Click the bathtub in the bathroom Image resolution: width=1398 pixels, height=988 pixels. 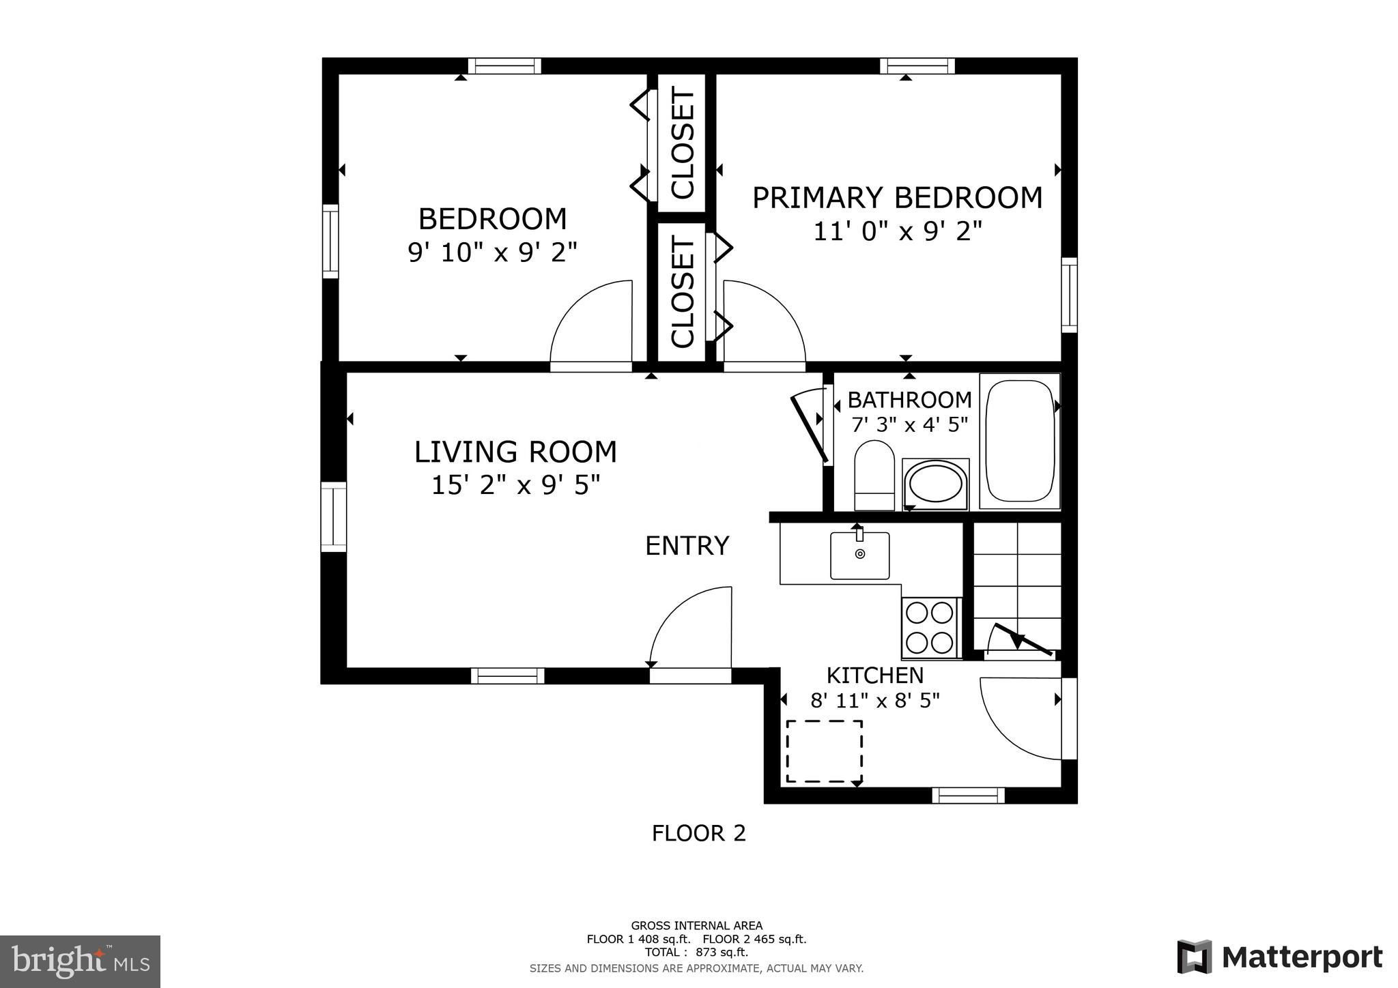pos(1020,441)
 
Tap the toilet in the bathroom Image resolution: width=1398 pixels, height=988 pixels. pos(874,475)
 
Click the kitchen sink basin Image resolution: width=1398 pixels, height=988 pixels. pos(859,555)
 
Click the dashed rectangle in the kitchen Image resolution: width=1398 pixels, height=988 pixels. pos(824,751)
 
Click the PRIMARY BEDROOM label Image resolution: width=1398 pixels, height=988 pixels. pos(897,198)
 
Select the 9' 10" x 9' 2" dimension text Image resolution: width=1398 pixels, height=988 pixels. pos(492,253)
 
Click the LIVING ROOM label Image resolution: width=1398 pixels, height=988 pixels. pos(515,452)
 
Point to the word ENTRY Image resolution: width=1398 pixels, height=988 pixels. pos(687,546)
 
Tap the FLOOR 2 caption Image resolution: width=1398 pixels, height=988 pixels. pos(698,833)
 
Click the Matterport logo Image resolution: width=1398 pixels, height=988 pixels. pos(1279,957)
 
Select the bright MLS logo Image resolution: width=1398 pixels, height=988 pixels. pos(81,961)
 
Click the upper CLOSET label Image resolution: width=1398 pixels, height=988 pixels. pos(682,144)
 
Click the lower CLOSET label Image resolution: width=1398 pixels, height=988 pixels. pos(682,291)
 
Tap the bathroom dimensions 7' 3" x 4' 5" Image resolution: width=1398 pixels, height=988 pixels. pos(909,425)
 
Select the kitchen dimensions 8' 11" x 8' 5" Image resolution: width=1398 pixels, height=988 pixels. pos(874,701)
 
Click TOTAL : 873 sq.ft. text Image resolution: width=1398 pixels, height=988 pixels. pos(696,953)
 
